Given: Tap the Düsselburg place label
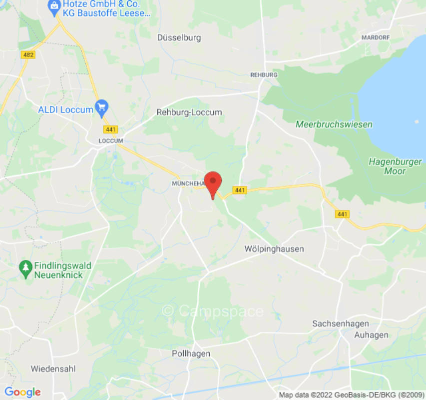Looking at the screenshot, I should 179,37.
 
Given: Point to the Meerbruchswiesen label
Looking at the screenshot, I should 334,124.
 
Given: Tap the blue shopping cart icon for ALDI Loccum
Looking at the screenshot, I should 102,106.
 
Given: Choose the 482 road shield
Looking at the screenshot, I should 28,54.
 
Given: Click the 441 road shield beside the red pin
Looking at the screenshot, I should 240,190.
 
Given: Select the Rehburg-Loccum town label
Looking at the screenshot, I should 189,112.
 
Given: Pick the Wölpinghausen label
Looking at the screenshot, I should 274,248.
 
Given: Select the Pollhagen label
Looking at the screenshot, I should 191,353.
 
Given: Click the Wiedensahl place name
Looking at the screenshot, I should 53,369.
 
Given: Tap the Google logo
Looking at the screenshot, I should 22,392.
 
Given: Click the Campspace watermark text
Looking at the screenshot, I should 213,311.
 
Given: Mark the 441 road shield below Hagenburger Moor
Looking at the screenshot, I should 342,214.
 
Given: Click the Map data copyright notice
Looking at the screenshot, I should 352,395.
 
